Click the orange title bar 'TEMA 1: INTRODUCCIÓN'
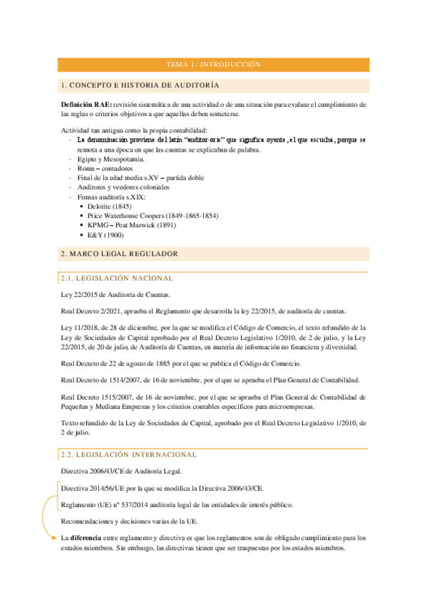[x=214, y=64]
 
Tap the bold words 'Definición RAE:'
[x=86, y=104]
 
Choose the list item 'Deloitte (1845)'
[x=110, y=206]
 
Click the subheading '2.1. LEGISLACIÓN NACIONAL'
[x=117, y=278]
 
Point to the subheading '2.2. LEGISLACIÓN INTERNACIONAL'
[x=129, y=454]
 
